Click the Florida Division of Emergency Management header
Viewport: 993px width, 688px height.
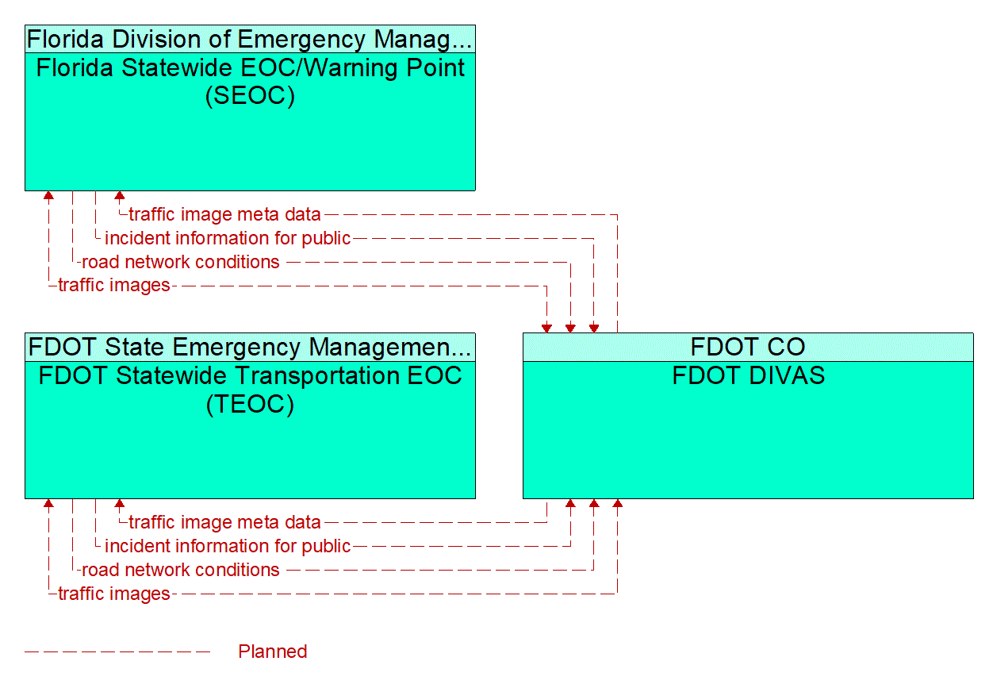[250, 39]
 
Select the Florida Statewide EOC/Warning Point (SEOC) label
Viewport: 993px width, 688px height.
[250, 81]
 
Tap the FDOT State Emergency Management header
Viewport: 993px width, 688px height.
[250, 347]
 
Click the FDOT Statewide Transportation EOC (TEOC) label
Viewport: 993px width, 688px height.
[250, 389]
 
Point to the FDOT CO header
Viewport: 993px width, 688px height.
[747, 347]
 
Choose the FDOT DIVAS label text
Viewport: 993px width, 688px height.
[748, 375]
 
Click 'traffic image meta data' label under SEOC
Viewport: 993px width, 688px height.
[224, 214]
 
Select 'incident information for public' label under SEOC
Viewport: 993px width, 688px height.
[228, 238]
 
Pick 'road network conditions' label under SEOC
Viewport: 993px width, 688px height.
[181, 262]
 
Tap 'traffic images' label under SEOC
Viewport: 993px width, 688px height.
[114, 286]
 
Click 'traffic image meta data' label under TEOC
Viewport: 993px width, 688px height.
[224, 522]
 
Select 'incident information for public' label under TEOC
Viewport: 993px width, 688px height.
[228, 546]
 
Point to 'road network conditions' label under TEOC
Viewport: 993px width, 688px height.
[181, 570]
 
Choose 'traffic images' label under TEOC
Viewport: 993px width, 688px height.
[114, 594]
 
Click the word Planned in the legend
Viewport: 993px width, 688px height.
[272, 651]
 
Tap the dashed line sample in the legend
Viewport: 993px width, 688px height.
[117, 651]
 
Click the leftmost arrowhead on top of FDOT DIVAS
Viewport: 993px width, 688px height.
[546, 328]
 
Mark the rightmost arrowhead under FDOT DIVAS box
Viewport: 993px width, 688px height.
[617, 504]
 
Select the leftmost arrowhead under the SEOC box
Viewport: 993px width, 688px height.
[49, 195]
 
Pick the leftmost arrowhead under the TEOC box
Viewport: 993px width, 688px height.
[49, 504]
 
